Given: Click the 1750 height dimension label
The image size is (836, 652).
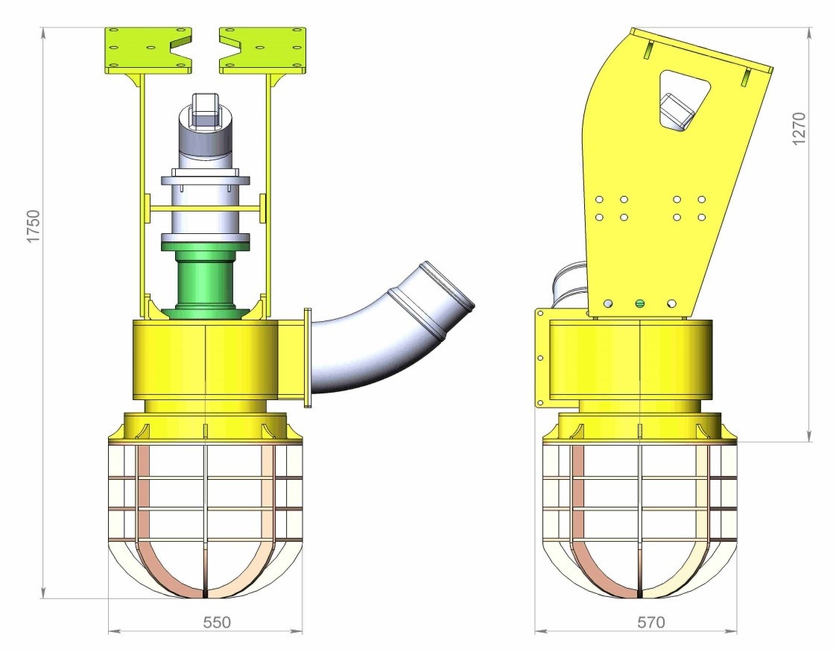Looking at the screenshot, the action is point(33,227).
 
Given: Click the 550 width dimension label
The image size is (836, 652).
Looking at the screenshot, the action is point(217,622).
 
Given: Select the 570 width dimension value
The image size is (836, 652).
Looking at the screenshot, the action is point(651,622).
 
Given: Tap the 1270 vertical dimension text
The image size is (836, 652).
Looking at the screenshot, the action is point(799,128).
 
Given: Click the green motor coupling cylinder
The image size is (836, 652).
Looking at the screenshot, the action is point(206,281).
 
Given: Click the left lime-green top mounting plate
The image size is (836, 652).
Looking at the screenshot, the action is point(149,49).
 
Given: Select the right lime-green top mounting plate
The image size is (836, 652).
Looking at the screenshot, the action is point(263,49).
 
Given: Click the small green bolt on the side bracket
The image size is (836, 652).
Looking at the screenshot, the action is point(640,304).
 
